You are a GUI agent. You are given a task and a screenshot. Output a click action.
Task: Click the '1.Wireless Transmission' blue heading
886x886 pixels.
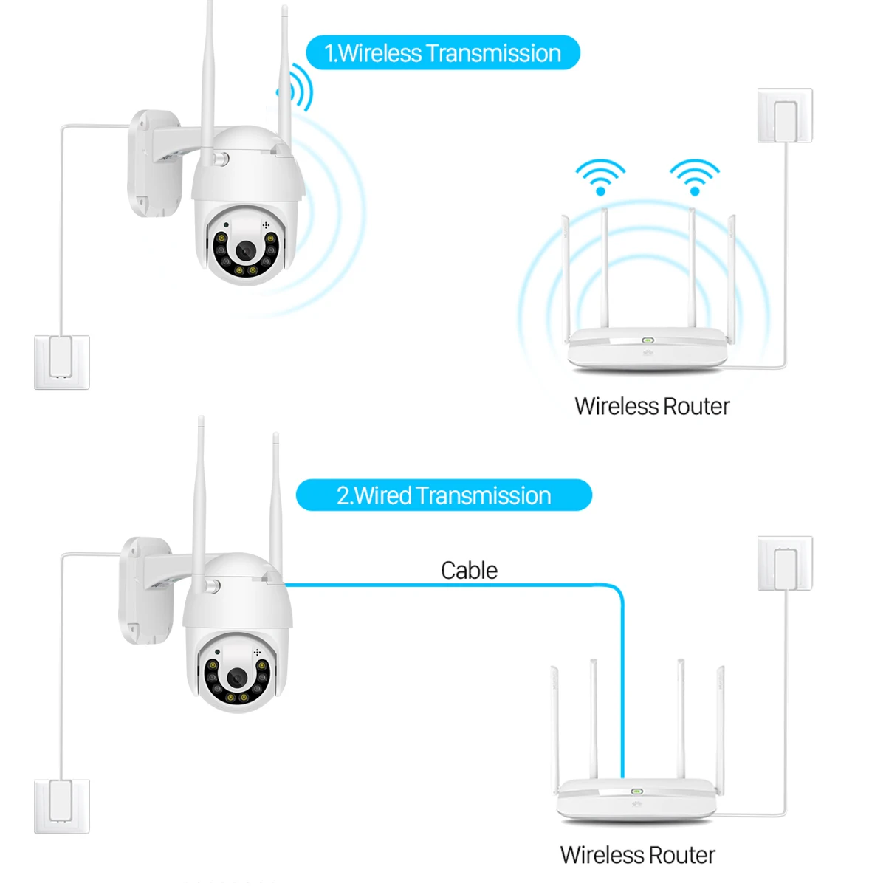pos(443,53)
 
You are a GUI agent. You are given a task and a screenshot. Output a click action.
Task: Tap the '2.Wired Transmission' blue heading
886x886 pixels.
pos(444,495)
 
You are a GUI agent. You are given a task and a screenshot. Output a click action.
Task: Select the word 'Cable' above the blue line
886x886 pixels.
pos(469,570)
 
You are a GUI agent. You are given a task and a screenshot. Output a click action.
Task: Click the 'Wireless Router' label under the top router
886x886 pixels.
pos(652,406)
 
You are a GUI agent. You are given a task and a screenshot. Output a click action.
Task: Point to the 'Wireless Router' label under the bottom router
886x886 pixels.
pos(638,855)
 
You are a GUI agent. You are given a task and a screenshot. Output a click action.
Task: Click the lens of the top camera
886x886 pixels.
pos(244,252)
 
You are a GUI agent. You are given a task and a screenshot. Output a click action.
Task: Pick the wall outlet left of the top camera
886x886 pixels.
pos(62,362)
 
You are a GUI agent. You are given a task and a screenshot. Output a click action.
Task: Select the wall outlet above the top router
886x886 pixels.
pos(785,116)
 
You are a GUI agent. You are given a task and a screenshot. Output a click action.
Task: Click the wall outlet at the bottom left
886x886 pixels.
pos(62,806)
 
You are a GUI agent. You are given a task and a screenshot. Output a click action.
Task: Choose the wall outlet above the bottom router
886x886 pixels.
pos(785,563)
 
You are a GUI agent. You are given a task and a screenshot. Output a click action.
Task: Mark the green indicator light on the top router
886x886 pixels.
pos(648,340)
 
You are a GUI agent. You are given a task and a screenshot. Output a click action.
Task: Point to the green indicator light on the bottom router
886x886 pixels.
pos(636,791)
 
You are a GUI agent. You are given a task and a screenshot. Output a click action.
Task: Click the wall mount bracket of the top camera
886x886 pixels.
pos(154,162)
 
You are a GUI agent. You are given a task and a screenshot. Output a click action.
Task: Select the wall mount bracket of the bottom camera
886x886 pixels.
pos(145,589)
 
